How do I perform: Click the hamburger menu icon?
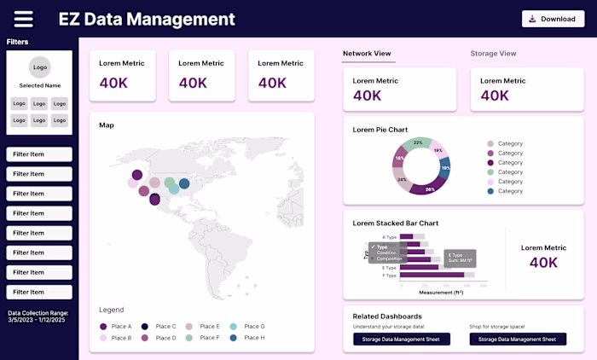(x=24, y=19)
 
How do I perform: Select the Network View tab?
(x=367, y=54)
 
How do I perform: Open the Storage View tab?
(x=493, y=54)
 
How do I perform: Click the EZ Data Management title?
(x=146, y=19)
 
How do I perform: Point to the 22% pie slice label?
(x=418, y=143)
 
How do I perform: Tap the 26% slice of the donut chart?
(x=430, y=189)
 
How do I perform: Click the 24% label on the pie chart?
(x=402, y=180)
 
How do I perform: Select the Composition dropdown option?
(x=389, y=258)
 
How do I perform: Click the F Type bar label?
(x=389, y=276)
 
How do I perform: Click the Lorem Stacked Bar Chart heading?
(x=396, y=224)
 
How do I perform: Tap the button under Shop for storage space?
(x=518, y=340)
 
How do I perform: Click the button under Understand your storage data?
(x=402, y=340)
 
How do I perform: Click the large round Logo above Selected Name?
(x=39, y=67)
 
